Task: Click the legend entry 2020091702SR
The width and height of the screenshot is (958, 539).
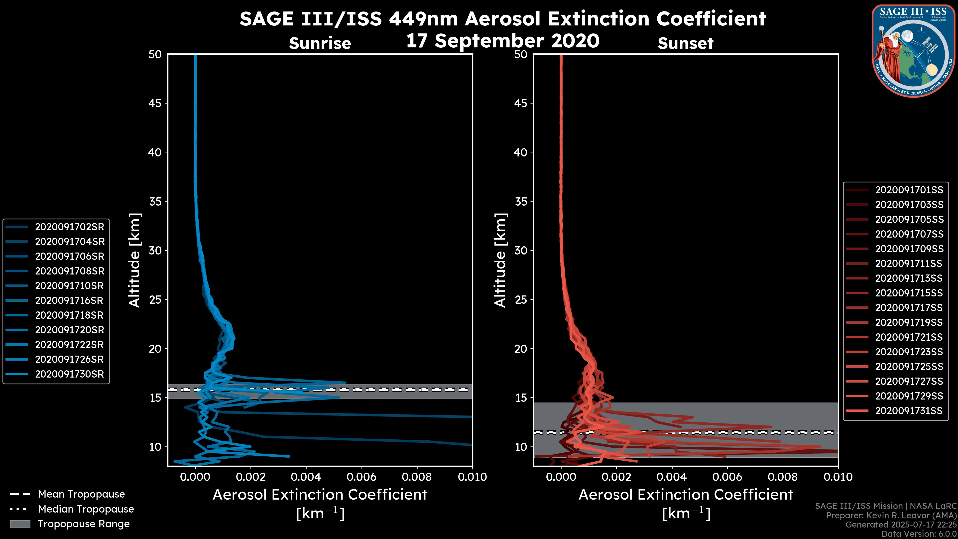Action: coord(70,227)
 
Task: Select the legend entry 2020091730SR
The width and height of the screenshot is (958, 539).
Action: coord(70,374)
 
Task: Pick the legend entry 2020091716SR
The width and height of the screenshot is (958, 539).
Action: coord(70,300)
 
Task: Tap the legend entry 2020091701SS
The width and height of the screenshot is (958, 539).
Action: coord(909,190)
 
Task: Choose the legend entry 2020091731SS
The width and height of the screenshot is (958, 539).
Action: coord(909,411)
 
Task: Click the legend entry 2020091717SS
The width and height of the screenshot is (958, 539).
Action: coord(909,308)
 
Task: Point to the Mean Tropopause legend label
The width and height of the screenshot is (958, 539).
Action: coord(81,494)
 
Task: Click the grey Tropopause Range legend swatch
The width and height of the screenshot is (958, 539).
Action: coord(20,524)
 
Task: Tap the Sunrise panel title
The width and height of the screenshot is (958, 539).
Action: coord(320,43)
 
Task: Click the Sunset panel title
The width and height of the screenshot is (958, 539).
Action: coord(685,43)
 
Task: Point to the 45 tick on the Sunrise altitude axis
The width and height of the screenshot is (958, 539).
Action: coord(155,103)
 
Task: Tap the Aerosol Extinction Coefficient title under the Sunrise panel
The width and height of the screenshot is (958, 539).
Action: coord(320,495)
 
